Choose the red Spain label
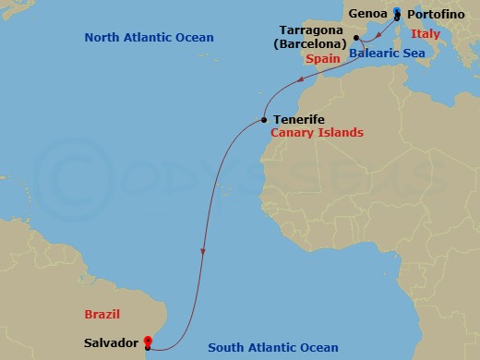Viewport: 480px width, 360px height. pyautogui.click(x=322, y=59)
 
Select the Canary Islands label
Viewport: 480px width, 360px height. pyautogui.click(x=317, y=133)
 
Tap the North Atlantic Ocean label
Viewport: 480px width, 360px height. pyautogui.click(x=149, y=38)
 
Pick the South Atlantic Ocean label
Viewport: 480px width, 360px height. pyautogui.click(x=273, y=348)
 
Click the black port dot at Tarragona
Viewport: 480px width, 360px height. pyautogui.click(x=356, y=37)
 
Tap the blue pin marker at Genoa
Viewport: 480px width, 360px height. pyautogui.click(x=397, y=12)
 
